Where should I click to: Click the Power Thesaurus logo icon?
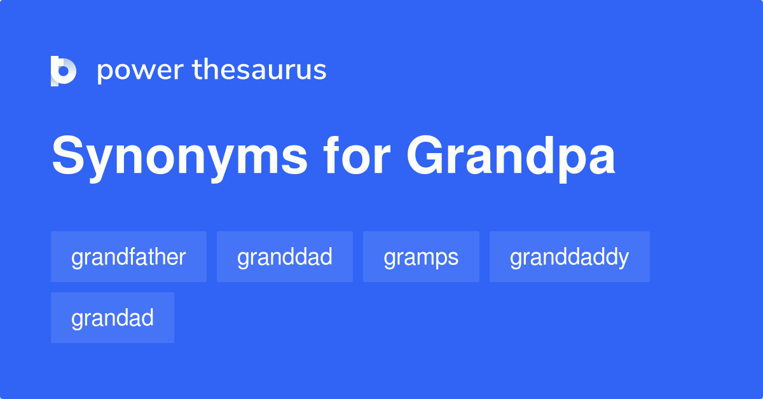coord(64,71)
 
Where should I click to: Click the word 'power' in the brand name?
coord(140,71)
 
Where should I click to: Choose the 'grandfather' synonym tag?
coord(128,257)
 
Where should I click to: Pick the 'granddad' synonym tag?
coord(284,257)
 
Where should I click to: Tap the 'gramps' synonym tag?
coord(421,257)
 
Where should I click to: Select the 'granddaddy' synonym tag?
coord(569,257)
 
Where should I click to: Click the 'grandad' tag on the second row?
coord(112,318)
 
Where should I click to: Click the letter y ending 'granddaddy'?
coord(624,259)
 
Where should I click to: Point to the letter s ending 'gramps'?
coord(453,258)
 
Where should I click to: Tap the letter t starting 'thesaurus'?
coord(196,70)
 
